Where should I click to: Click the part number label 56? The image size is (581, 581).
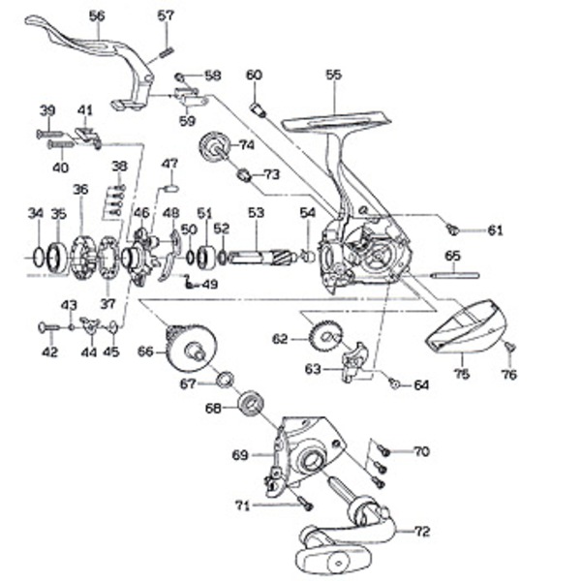click(x=96, y=15)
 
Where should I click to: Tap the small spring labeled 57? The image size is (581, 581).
click(x=166, y=40)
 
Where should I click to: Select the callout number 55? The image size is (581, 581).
click(x=334, y=75)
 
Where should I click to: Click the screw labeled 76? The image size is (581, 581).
click(x=509, y=348)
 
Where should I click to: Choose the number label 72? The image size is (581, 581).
click(x=421, y=532)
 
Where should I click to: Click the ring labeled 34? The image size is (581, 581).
click(x=36, y=258)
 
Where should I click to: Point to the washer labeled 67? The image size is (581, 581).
click(x=224, y=378)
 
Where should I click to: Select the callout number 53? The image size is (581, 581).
click(x=256, y=212)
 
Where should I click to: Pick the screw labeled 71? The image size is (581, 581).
click(x=304, y=502)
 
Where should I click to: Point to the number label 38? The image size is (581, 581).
click(x=119, y=166)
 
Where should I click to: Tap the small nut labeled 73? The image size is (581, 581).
click(x=245, y=175)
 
